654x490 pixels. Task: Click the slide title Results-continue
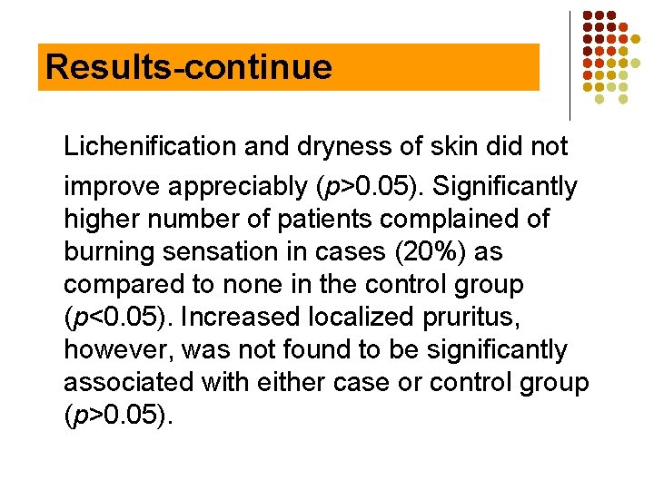click(189, 67)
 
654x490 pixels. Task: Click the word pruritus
click(472, 318)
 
